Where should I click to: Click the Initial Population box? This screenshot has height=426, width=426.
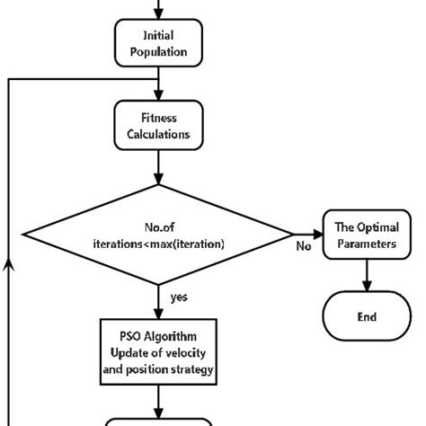tap(158, 44)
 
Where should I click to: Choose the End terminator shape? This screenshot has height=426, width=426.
tap(366, 316)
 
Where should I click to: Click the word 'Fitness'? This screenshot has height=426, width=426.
tap(159, 116)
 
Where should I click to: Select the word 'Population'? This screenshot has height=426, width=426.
tap(158, 52)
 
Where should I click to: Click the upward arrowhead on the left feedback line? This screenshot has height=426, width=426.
tap(9, 260)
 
